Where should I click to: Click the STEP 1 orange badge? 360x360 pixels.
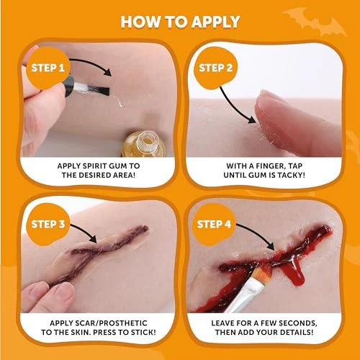tap(48, 68)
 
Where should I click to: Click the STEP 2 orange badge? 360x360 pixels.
tap(215, 68)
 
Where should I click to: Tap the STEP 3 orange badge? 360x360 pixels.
tap(48, 225)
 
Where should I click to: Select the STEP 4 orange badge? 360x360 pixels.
tap(214, 225)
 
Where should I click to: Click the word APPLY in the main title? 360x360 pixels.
tap(215, 22)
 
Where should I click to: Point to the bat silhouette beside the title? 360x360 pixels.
tap(315, 21)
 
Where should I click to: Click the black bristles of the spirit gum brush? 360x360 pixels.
tap(100, 90)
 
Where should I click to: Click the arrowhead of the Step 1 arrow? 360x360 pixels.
tap(107, 72)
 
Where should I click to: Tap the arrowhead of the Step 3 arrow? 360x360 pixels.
tap(94, 238)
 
